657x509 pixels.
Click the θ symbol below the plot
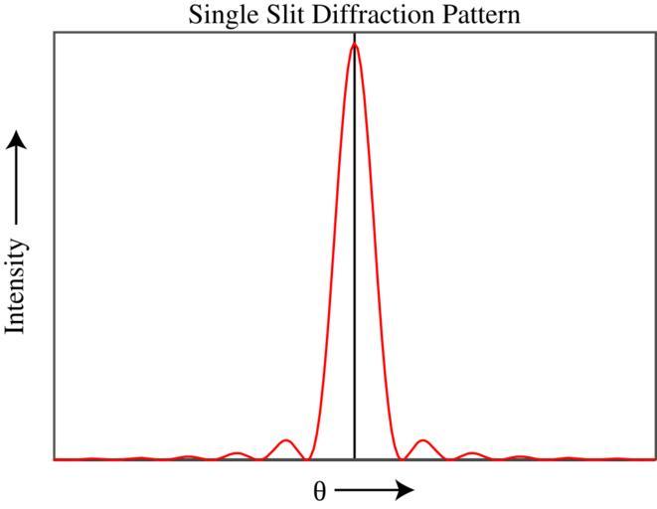pos(320,491)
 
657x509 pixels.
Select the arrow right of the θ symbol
pos(374,489)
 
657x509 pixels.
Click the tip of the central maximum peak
pos(355,44)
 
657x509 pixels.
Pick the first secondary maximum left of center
pos(286,439)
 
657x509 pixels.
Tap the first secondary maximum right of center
pos(423,439)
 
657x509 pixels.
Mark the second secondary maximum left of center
pos(237,452)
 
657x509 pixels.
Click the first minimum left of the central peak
pos(308,459)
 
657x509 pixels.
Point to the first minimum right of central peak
pos(402,459)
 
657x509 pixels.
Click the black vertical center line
pos(355,249)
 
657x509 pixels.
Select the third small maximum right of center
pos(520,456)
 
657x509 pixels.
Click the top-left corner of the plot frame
pos(55,32)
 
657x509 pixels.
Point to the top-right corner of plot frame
pos(654,32)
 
